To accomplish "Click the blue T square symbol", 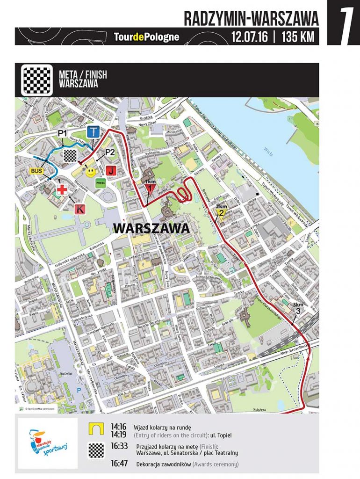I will tap(94, 131).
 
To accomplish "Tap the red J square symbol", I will tap(110, 170).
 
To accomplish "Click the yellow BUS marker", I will tap(36, 171).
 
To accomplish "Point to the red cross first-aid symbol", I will tap(62, 190).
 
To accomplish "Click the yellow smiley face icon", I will tap(91, 172).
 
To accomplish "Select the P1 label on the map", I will tap(63, 134).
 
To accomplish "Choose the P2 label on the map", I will tap(110, 152).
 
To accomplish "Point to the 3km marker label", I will tap(298, 307).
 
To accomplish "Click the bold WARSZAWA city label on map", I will tap(151, 229).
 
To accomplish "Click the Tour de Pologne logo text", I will tap(146, 36).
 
